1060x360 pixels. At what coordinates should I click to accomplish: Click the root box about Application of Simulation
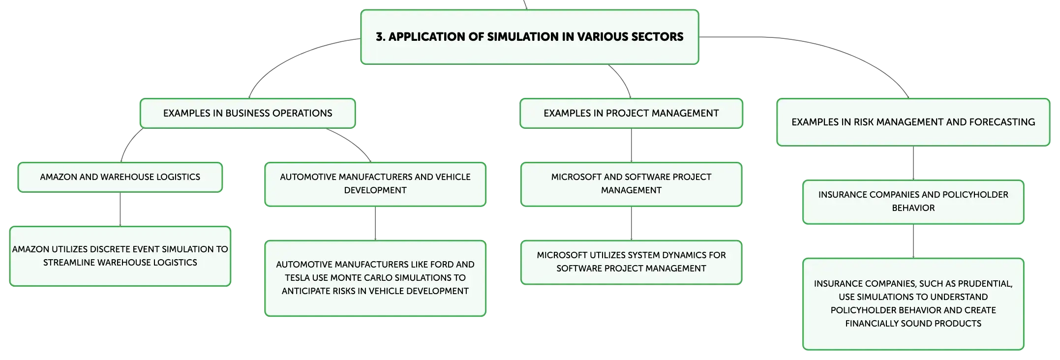pyautogui.click(x=530, y=37)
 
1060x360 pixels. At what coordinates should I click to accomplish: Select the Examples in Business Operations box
pyautogui.click(x=248, y=113)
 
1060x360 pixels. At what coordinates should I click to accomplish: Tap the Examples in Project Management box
pyautogui.click(x=631, y=113)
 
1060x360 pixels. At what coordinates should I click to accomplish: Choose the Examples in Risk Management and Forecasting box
pyautogui.click(x=913, y=122)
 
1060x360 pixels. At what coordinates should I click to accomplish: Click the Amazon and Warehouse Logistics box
pyautogui.click(x=120, y=177)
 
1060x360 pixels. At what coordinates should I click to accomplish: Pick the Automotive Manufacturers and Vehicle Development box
pyautogui.click(x=375, y=184)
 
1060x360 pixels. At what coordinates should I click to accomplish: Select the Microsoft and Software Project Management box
pyautogui.click(x=631, y=184)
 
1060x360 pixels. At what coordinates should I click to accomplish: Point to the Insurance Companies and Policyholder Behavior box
pyautogui.click(x=913, y=202)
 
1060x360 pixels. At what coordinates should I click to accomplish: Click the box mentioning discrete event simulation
pyautogui.click(x=120, y=256)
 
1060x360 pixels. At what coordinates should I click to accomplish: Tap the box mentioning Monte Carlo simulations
pyautogui.click(x=375, y=278)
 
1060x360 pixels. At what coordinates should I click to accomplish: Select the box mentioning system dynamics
pyautogui.click(x=631, y=262)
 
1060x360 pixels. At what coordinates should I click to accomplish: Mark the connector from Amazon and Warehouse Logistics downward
pyautogui.click(x=120, y=210)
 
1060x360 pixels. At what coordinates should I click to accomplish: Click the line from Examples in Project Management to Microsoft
pyautogui.click(x=632, y=146)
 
